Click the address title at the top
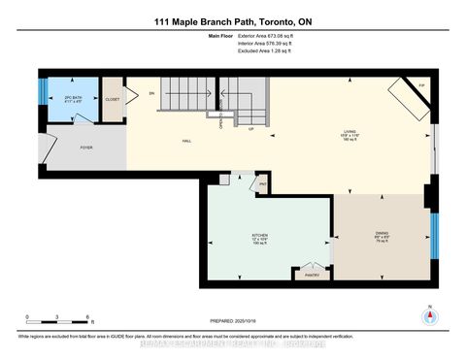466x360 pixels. [232, 20]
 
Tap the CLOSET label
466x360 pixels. [113, 99]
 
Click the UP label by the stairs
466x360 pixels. [251, 129]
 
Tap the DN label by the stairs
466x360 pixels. [152, 93]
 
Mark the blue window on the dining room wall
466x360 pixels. [433, 232]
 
